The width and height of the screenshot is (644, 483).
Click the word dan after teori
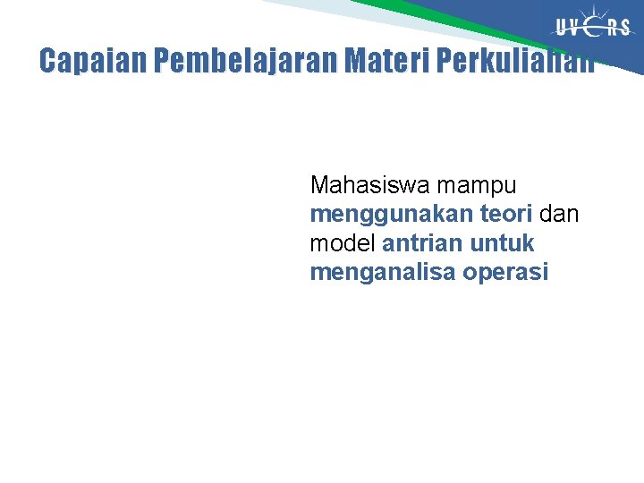click(x=559, y=214)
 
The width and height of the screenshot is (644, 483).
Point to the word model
click(x=343, y=242)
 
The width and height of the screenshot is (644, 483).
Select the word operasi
click(x=505, y=272)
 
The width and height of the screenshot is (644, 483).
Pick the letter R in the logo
click(x=611, y=27)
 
